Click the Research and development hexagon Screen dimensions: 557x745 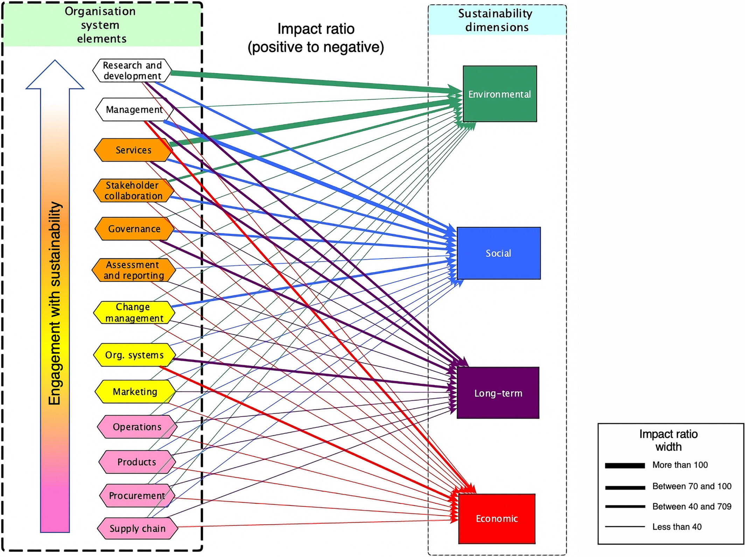coord(132,70)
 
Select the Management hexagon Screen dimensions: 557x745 coord(134,110)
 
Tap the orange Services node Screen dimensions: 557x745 coord(133,150)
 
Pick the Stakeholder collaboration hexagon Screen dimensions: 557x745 coord(133,191)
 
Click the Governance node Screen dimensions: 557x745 coord(134,229)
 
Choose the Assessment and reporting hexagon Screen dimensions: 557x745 coord(133,270)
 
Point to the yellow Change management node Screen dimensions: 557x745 coord(134,312)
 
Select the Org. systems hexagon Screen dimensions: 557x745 coord(134,355)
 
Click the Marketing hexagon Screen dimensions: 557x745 coord(135,391)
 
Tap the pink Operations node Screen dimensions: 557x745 coord(137,427)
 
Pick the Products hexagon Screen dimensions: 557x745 coord(137,462)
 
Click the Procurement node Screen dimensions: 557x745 coord(137,495)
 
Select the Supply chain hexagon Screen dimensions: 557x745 coord(137,528)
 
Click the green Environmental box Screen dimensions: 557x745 coord(500,94)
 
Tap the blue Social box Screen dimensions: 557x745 coord(499,253)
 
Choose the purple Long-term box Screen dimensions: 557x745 coord(498,393)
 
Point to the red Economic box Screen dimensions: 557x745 coord(497,518)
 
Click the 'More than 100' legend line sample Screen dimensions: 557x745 coord(625,466)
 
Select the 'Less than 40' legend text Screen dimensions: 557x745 coord(677,527)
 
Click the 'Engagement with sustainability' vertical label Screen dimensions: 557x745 coord(55,303)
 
